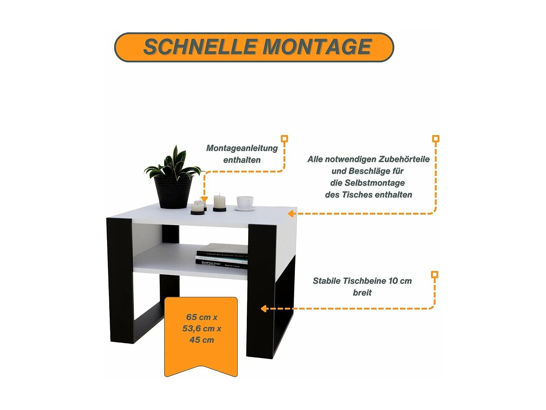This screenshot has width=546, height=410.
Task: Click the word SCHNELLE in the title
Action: coord(200,47)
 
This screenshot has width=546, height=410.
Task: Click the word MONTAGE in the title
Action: coord(317,47)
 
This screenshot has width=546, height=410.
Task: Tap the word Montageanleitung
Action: coord(242,148)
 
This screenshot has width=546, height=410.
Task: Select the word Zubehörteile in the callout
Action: coord(404,159)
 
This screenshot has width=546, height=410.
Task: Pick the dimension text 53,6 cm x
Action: coord(202,329)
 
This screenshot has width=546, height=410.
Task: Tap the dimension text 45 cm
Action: coord(202,340)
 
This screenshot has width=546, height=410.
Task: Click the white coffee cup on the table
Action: coord(245,202)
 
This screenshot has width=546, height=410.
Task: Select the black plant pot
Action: coord(173,192)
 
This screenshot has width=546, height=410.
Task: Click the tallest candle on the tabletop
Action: coord(219,202)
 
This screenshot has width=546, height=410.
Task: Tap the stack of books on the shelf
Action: coord(222,256)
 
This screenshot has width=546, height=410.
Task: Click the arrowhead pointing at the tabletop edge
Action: coord(291,214)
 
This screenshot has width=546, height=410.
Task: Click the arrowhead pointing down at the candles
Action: coord(204,199)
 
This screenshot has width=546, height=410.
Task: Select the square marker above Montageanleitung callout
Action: coord(285,138)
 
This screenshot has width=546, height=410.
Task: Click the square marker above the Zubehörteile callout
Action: coord(436,138)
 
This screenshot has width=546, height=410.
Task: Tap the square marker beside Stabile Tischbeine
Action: coord(435,274)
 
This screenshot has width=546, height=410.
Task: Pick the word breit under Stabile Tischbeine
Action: coord(362,293)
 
